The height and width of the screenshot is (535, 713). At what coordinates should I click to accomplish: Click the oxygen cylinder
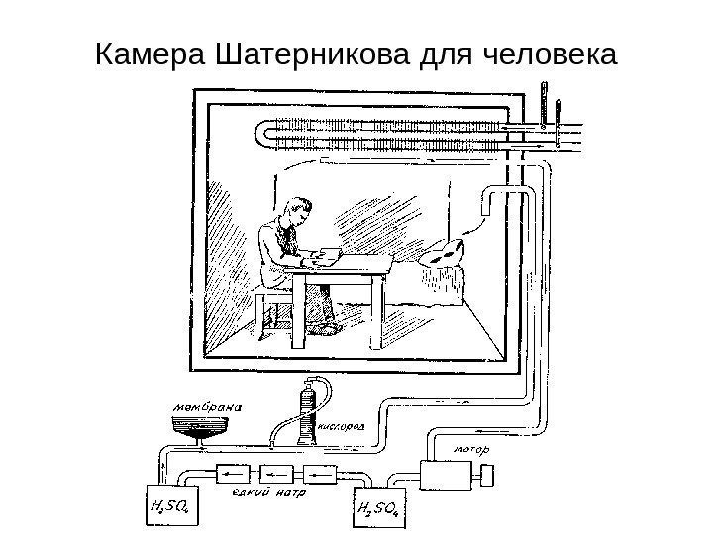pos(307,412)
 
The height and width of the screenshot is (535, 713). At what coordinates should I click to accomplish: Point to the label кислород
pos(347,428)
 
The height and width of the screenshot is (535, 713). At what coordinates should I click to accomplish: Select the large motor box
pos(446,476)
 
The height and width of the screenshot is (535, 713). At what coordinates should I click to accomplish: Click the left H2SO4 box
pos(170,508)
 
